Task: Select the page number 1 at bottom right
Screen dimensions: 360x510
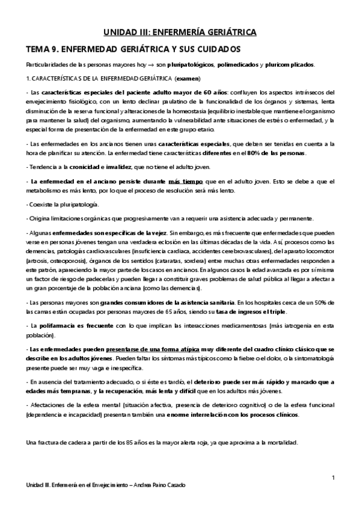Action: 333,477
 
